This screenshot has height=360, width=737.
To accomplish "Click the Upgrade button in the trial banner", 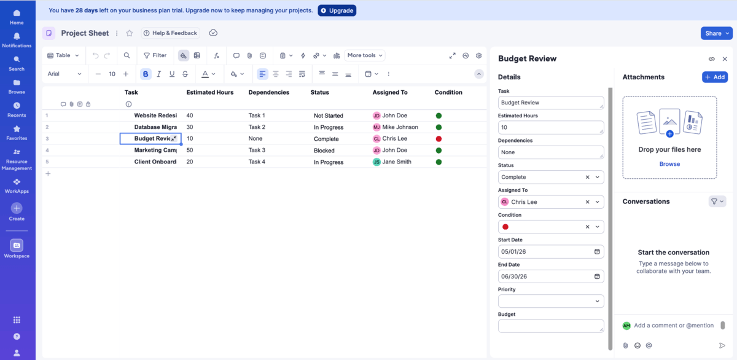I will click(337, 10).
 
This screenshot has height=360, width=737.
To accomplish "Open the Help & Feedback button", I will click(170, 33).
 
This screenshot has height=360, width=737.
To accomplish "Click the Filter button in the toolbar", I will click(155, 55).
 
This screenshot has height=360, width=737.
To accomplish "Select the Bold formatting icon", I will click(146, 74).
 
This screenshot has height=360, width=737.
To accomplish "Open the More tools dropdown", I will click(365, 55).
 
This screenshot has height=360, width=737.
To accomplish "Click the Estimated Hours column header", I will click(210, 92).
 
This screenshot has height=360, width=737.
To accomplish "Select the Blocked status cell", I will click(324, 151).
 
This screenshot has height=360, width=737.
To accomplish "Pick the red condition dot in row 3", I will click(439, 139).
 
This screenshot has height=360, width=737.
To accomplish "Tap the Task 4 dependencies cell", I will click(257, 162).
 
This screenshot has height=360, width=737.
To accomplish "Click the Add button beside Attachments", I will click(715, 77).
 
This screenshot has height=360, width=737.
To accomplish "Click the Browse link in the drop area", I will click(669, 164).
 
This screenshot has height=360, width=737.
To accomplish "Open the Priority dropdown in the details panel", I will click(550, 301).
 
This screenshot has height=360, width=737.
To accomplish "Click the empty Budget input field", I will click(550, 326).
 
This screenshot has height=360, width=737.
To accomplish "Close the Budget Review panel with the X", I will click(725, 59).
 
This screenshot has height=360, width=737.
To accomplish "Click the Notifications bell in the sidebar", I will click(17, 40).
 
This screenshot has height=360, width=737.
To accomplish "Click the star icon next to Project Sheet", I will click(130, 33).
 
